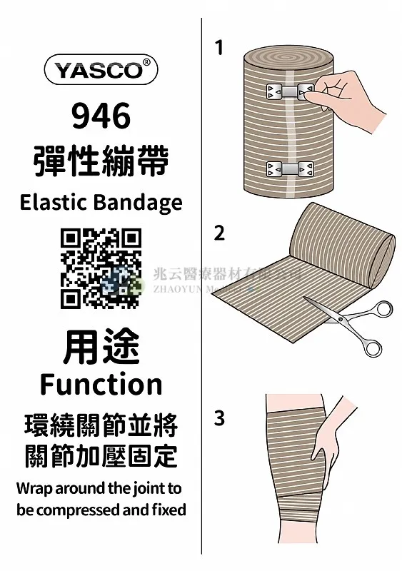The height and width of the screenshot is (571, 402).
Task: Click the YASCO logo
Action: (101, 70)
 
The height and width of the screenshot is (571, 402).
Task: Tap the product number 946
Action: (101, 116)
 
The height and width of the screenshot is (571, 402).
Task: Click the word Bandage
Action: (139, 203)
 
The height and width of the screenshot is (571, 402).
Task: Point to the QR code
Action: (101, 268)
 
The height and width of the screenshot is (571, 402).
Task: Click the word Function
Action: (101, 384)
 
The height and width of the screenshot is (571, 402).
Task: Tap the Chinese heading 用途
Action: (101, 348)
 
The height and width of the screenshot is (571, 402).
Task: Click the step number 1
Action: (218, 48)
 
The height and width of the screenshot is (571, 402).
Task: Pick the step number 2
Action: (219, 233)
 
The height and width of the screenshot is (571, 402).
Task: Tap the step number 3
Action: (219, 418)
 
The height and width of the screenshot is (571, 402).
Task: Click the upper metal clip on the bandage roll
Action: (288, 91)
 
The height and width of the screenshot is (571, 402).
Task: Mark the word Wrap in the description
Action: (33, 489)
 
